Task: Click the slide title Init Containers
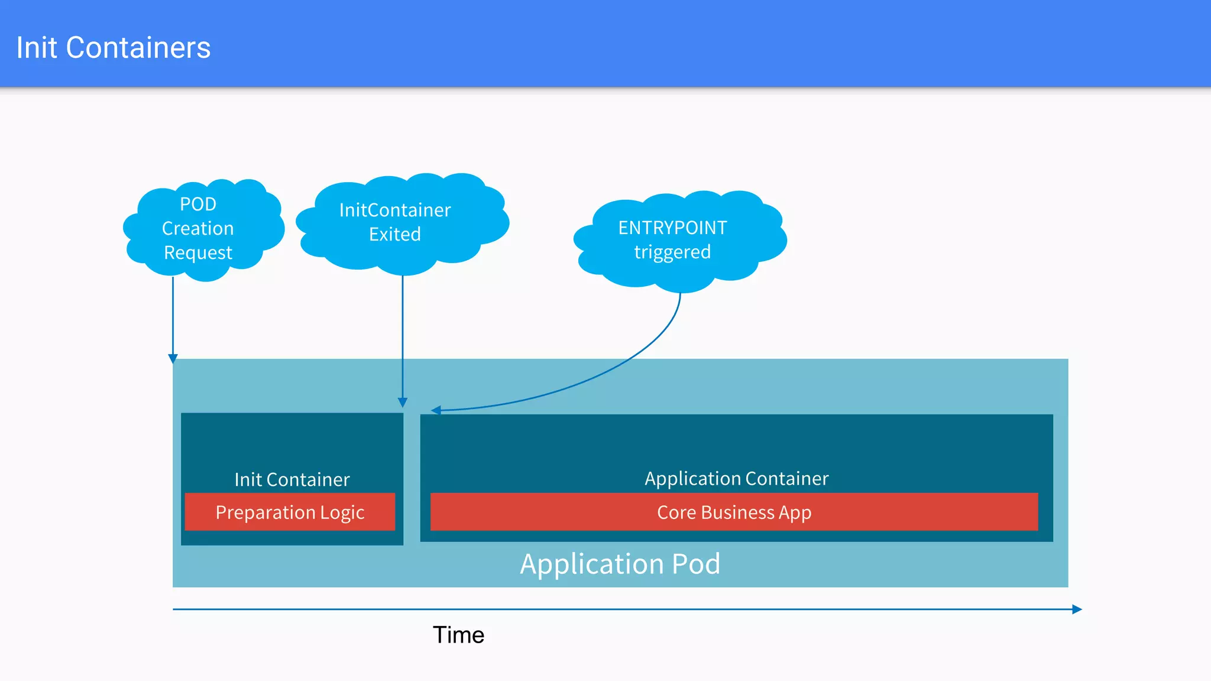[x=114, y=48]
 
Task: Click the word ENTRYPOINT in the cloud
[x=672, y=228]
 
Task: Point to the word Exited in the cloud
[x=395, y=235]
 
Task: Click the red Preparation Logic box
[x=290, y=512]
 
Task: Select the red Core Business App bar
[x=734, y=512]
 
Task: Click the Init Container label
[x=292, y=479]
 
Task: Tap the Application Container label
[x=736, y=478]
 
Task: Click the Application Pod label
[x=620, y=564]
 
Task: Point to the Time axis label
[x=458, y=635]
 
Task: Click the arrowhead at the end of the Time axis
[x=1077, y=609]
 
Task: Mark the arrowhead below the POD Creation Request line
[x=173, y=358]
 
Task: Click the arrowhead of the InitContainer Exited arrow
[x=403, y=403]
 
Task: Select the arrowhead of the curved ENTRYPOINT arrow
[x=436, y=410]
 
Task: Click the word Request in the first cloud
[x=198, y=253]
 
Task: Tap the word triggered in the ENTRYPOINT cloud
[x=672, y=252]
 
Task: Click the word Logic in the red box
[x=342, y=513]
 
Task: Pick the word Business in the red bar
[x=737, y=512]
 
